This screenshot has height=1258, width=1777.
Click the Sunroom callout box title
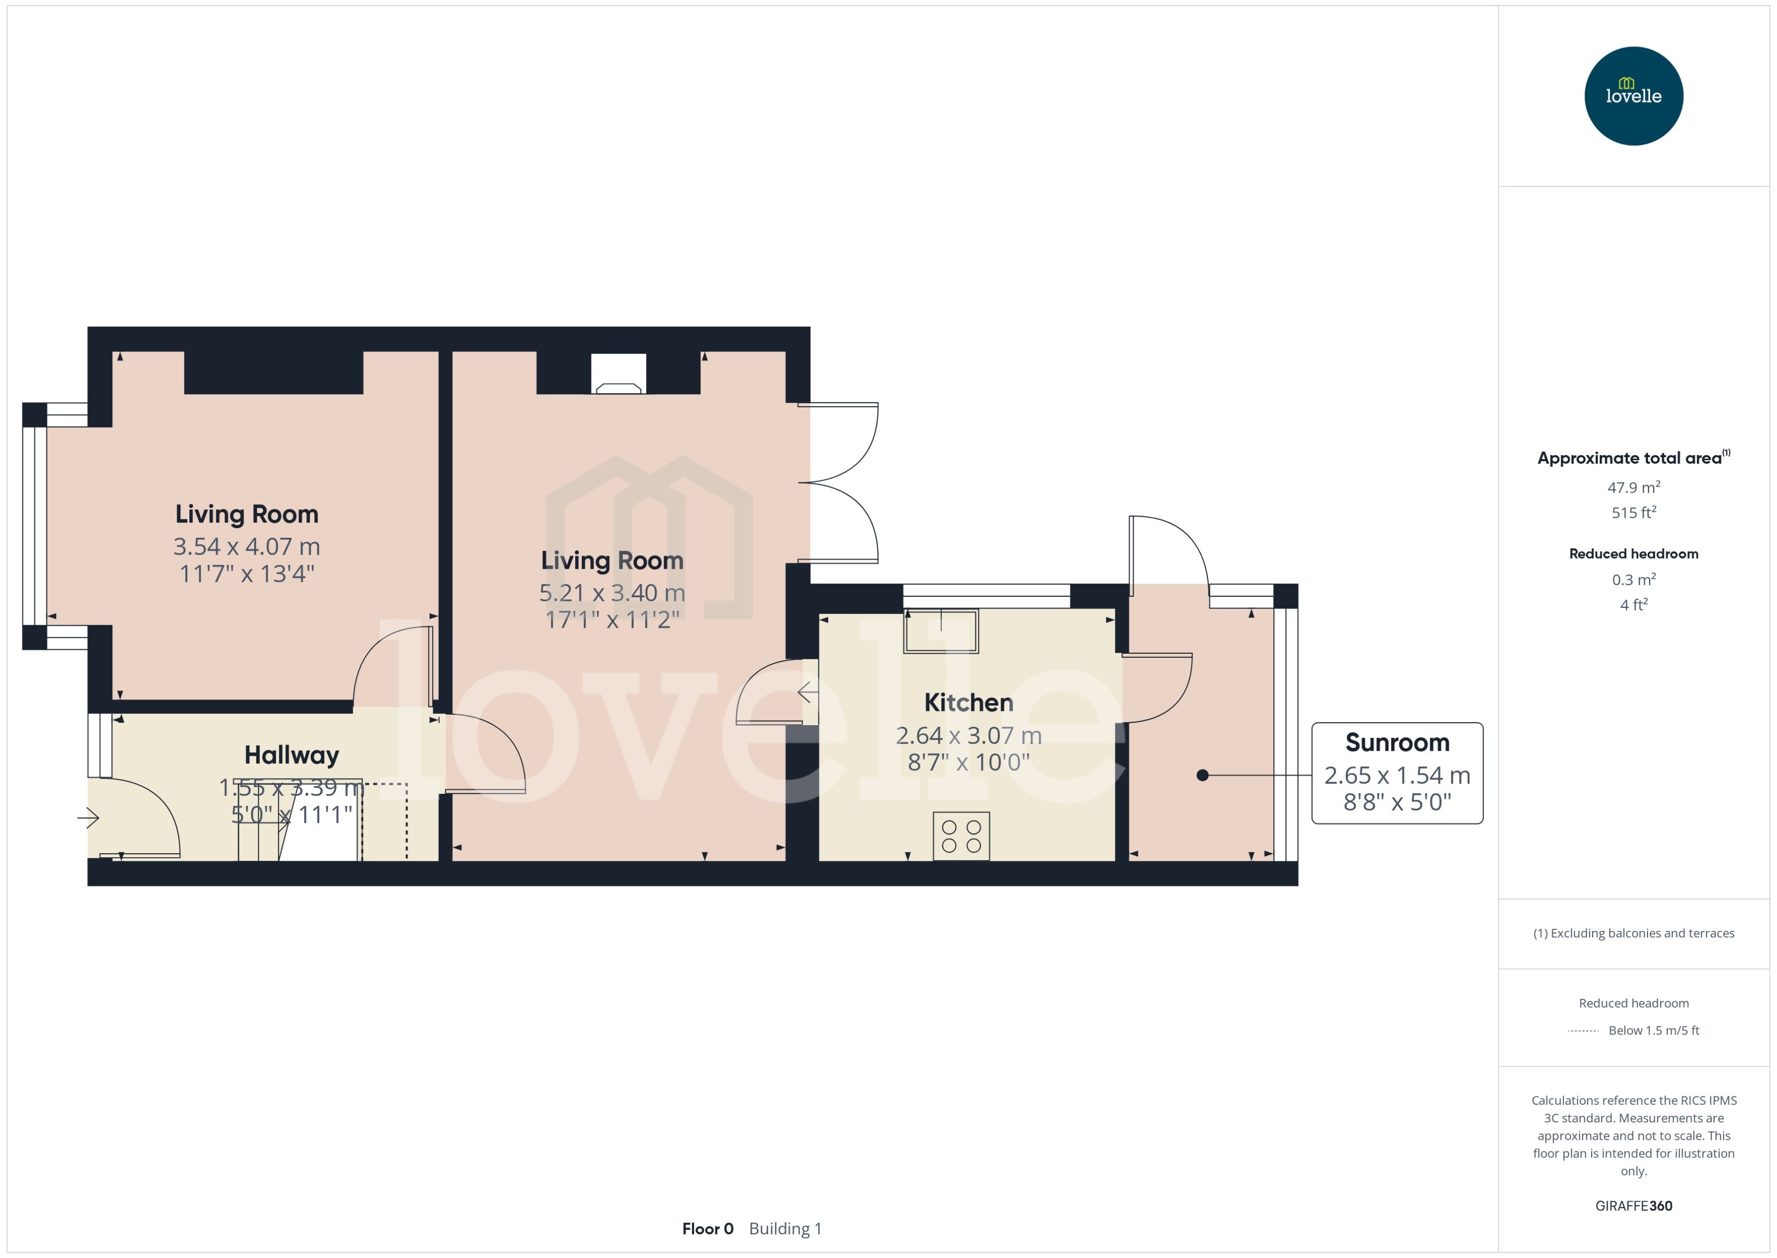click(1397, 742)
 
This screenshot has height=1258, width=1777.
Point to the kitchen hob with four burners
click(961, 836)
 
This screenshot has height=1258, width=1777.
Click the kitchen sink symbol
click(941, 631)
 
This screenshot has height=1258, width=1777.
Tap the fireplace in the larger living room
click(618, 374)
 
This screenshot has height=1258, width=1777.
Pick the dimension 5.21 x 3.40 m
click(612, 593)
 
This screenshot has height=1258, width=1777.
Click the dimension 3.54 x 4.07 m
click(246, 546)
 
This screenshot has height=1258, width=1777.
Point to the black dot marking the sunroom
click(1202, 775)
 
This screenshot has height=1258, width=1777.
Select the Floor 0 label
click(707, 1229)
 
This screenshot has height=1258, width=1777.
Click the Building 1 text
click(784, 1229)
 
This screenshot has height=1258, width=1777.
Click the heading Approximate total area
click(1630, 458)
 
